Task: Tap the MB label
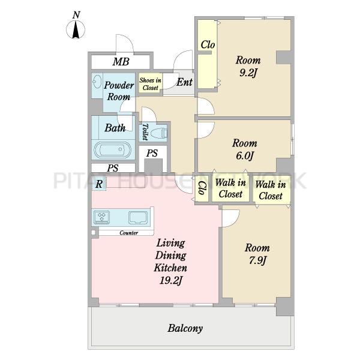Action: (121, 62)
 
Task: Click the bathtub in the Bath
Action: (112, 150)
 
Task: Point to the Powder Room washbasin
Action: (97, 82)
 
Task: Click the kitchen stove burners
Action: (102, 217)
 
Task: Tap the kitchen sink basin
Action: (138, 217)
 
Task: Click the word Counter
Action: (128, 233)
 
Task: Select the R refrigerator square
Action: (99, 184)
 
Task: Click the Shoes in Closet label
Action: (150, 84)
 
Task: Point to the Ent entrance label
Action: (184, 82)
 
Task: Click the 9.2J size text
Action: (248, 73)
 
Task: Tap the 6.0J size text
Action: (245, 156)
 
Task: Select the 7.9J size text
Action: (257, 260)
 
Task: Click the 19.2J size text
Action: (171, 280)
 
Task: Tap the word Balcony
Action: (185, 328)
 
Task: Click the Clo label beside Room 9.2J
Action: (208, 45)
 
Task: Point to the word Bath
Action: (115, 128)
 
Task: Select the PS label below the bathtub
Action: (113, 168)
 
